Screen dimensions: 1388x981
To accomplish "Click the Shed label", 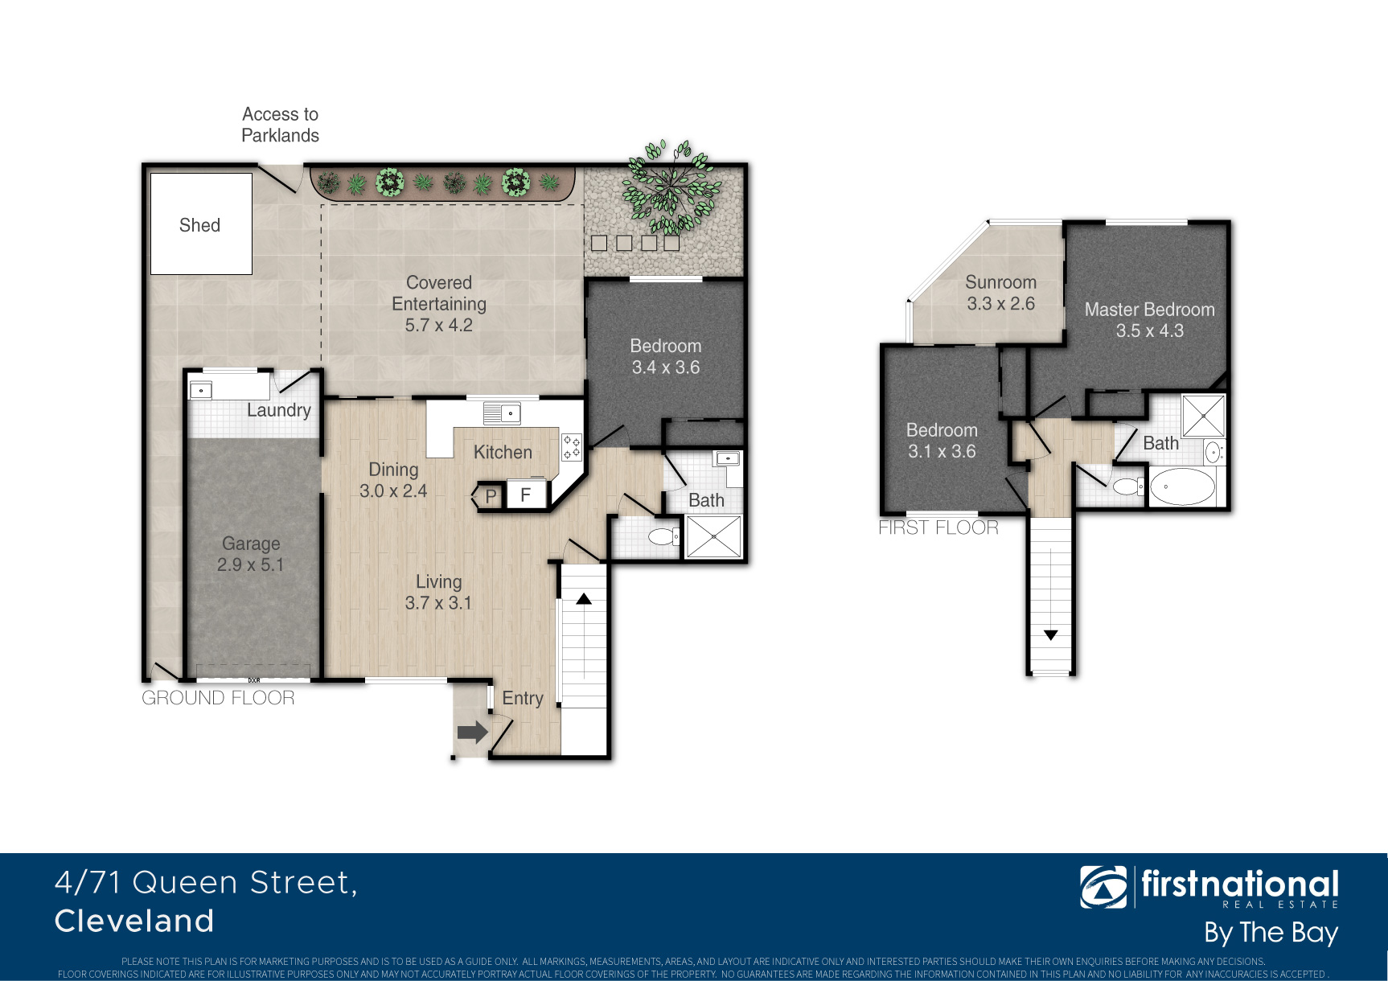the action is click(199, 225).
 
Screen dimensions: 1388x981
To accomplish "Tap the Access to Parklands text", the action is click(281, 125).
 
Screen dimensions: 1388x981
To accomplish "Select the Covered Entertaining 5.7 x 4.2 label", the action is click(439, 304).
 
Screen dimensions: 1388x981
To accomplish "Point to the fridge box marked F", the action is click(526, 495).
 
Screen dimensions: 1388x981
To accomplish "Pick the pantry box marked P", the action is click(490, 496).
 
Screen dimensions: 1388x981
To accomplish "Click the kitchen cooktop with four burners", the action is click(571, 447).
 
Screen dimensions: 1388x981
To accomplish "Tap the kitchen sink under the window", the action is click(503, 413).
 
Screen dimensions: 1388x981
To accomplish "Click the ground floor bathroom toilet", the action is click(664, 536).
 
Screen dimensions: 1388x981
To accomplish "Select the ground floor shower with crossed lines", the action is click(713, 536).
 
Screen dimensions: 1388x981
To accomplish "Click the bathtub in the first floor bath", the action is click(1182, 486).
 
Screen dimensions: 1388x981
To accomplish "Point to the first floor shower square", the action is click(1203, 415).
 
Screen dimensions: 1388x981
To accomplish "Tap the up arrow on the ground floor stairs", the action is click(584, 599).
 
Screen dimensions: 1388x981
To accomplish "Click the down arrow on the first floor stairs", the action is click(1050, 635).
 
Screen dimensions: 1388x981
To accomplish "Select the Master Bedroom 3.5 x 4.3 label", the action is click(1150, 320).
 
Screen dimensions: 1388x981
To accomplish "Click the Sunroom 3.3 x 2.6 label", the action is click(1001, 293).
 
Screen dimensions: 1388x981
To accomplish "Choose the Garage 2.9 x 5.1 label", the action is click(251, 554).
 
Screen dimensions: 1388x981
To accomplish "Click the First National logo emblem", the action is click(1103, 887).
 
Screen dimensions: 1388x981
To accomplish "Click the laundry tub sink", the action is click(200, 391).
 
